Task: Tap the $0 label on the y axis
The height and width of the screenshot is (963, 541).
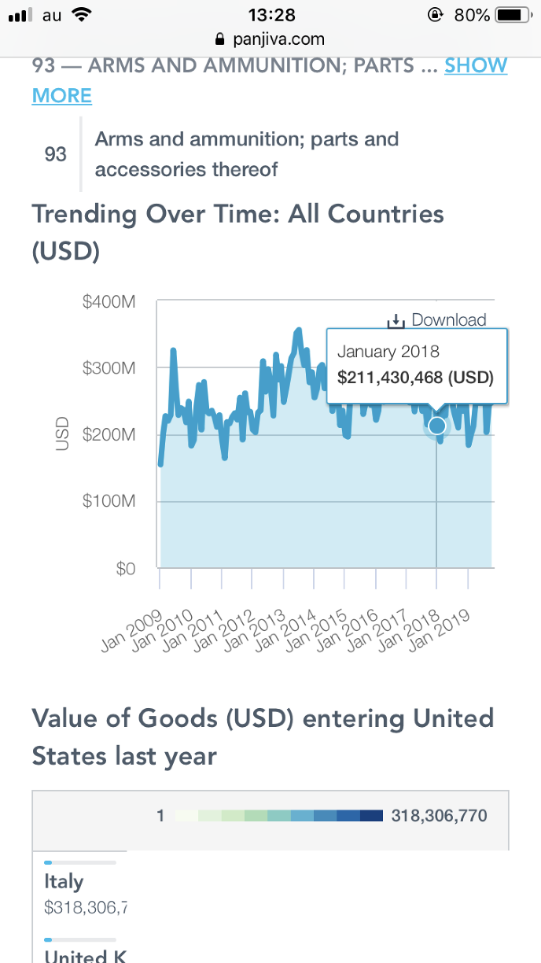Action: tap(125, 569)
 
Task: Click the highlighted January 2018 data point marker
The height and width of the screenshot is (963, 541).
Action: tap(436, 426)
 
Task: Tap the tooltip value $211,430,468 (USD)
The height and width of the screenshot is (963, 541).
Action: tap(415, 378)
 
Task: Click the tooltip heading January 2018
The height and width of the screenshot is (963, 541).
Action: tap(388, 352)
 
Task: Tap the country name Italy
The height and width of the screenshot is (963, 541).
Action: tap(64, 882)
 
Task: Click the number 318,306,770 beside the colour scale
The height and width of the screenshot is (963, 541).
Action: tap(439, 816)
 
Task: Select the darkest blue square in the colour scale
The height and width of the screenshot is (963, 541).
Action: tap(371, 816)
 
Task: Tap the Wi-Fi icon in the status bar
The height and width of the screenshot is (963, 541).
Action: tap(80, 14)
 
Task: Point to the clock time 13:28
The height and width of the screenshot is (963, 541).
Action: tap(270, 15)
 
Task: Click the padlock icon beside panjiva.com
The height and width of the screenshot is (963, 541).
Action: tap(219, 39)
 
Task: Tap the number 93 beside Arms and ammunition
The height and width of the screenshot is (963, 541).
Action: tap(55, 154)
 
